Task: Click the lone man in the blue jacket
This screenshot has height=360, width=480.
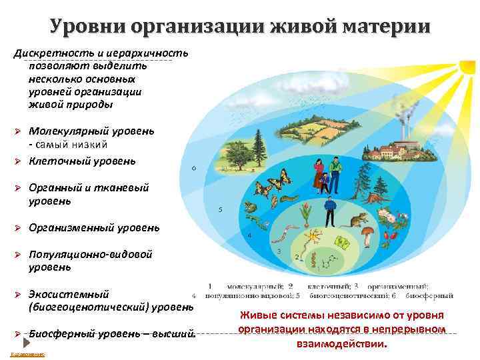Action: pyautogui.click(x=328, y=211)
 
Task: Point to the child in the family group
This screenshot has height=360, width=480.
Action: pyautogui.click(x=324, y=179)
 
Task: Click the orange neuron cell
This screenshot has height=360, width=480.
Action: pyautogui.click(x=313, y=236)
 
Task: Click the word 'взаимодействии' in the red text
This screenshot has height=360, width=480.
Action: pyautogui.click(x=341, y=345)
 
